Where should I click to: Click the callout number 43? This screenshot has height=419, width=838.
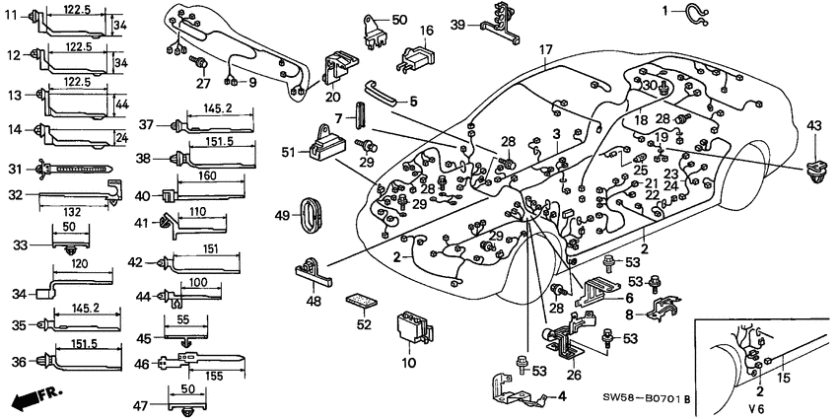coord(813,125)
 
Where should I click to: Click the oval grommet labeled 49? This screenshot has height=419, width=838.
coord(314,213)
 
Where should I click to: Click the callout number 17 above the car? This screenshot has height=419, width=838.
coord(546,49)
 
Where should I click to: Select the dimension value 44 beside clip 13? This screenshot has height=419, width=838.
coord(120,103)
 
